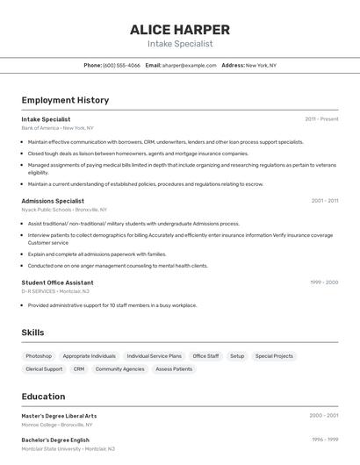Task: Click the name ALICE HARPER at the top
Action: click(x=179, y=29)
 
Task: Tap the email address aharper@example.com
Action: click(x=189, y=65)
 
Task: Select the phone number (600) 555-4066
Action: click(x=121, y=65)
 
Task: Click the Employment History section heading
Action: click(x=65, y=100)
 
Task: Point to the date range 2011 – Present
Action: click(x=321, y=118)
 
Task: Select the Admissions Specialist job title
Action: click(x=53, y=201)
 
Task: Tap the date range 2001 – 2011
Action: click(x=324, y=201)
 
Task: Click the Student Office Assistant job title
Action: click(x=57, y=283)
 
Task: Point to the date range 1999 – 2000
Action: click(x=323, y=283)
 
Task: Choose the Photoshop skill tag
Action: click(x=39, y=356)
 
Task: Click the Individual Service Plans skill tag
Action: click(x=154, y=356)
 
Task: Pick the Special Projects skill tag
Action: click(x=274, y=356)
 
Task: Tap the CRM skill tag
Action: click(x=79, y=369)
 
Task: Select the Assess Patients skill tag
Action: click(x=174, y=369)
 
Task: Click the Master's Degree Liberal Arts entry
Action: click(x=59, y=416)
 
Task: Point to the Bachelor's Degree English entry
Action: click(x=55, y=440)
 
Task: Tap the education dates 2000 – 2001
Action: click(x=323, y=416)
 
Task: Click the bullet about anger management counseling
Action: click(x=118, y=266)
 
